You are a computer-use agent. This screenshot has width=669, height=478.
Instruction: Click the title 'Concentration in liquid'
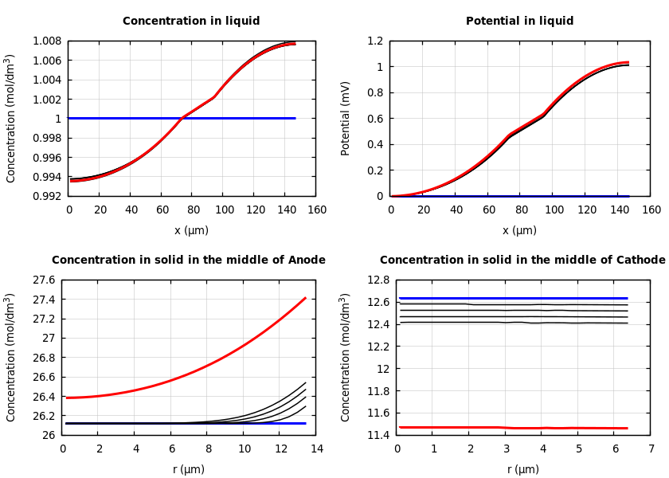[191, 22]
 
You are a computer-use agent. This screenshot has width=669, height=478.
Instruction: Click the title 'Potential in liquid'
[519, 22]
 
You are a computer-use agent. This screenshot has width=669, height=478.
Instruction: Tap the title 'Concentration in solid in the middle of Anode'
[189, 261]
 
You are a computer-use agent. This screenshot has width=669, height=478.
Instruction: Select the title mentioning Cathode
[522, 261]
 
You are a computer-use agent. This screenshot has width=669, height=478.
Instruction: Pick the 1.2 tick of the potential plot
[374, 41]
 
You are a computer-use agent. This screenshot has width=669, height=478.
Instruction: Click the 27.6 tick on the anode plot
[43, 280]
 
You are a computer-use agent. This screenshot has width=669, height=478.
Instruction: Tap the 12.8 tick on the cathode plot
[378, 280]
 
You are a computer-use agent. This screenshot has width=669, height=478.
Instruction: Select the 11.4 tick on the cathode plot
[378, 435]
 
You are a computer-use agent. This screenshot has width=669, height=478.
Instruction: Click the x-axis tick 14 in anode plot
[316, 449]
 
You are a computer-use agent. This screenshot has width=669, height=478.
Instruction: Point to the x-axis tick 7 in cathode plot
[651, 449]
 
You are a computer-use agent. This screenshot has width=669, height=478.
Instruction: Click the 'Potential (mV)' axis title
[346, 118]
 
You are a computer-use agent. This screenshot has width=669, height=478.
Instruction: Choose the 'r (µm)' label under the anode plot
[189, 469]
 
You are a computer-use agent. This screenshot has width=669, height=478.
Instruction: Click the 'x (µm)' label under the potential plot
[519, 230]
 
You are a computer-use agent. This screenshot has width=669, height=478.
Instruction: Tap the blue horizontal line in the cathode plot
[518, 298]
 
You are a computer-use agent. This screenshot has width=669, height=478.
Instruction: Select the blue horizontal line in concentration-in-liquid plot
[239, 118]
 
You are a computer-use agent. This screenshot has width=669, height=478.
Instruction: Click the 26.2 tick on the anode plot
[43, 416]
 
